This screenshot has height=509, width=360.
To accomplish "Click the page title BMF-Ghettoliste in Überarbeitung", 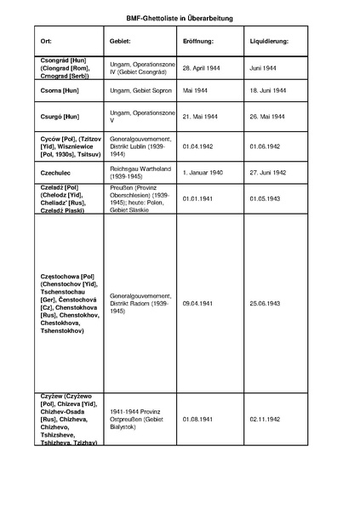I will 180,17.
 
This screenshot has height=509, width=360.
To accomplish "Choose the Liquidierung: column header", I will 269,42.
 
